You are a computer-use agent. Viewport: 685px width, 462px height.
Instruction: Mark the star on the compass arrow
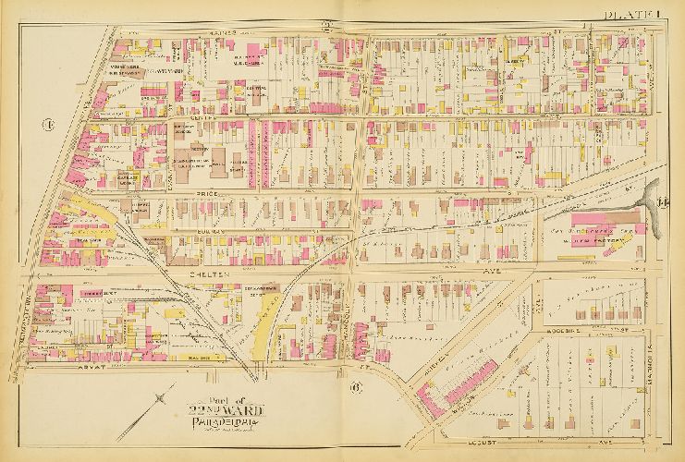click(163, 398)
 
